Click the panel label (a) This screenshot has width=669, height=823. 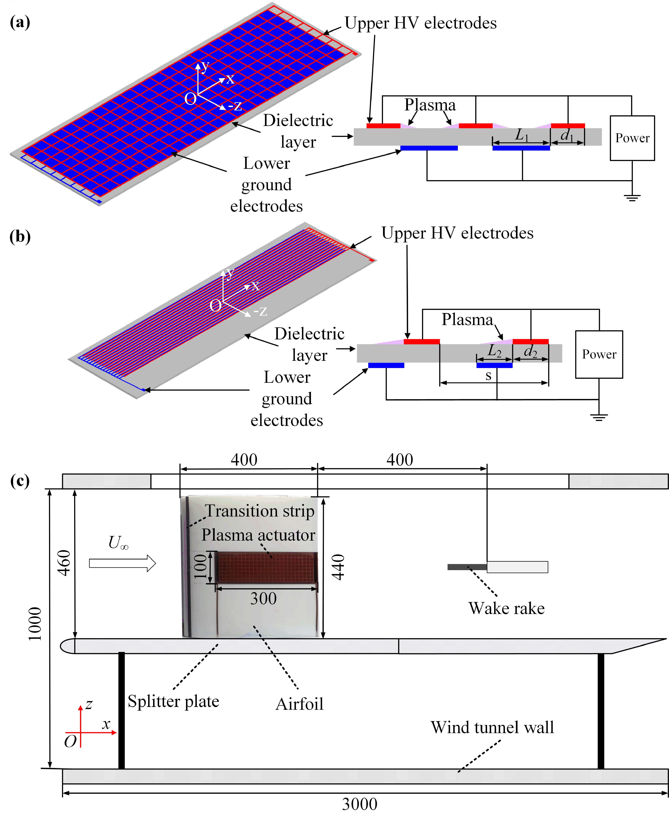(20, 22)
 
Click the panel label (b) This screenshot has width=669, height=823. (20, 237)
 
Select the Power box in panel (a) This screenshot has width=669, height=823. (632, 138)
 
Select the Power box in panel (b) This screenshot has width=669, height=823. (599, 354)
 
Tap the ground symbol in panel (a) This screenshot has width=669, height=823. (632, 198)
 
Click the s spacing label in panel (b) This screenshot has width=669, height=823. (488, 376)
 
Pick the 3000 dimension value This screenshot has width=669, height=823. (360, 804)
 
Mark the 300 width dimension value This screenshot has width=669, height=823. (264, 598)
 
